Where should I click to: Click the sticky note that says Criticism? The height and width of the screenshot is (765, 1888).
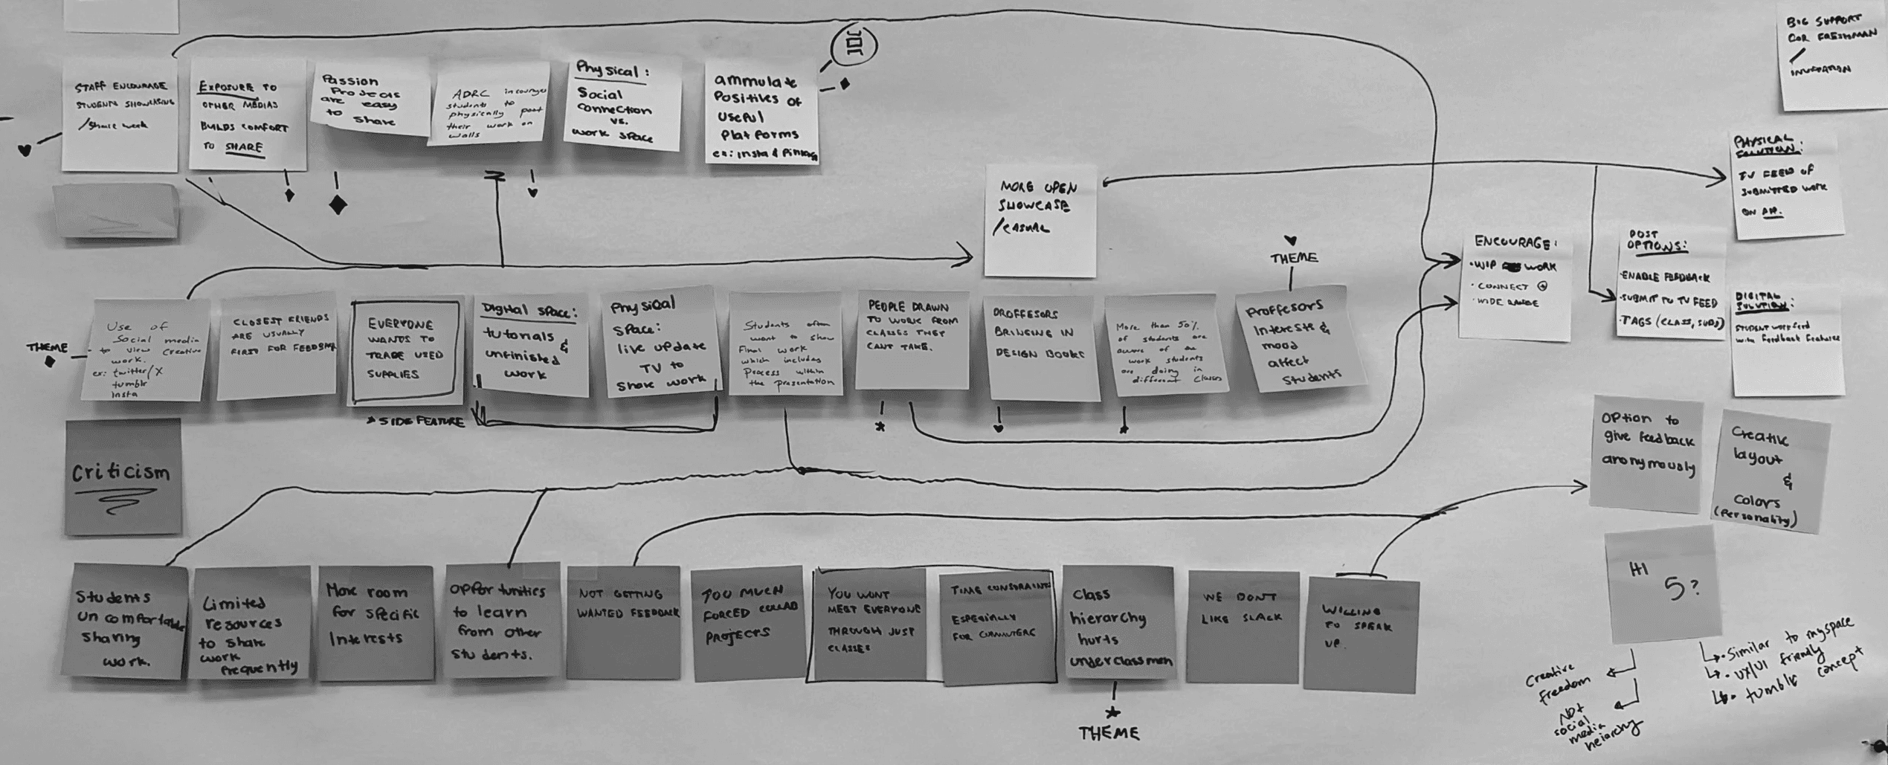(123, 476)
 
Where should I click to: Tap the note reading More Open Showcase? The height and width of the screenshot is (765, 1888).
(1040, 220)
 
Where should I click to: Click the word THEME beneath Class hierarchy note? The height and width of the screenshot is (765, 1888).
(1109, 734)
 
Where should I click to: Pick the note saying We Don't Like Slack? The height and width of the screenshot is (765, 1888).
(1242, 626)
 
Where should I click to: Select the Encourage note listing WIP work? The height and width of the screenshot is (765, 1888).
(1515, 286)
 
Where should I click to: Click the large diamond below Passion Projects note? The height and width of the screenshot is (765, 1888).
(338, 204)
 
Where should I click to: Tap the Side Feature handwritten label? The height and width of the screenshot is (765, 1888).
(416, 422)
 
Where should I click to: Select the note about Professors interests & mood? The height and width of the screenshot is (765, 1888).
(1301, 340)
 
